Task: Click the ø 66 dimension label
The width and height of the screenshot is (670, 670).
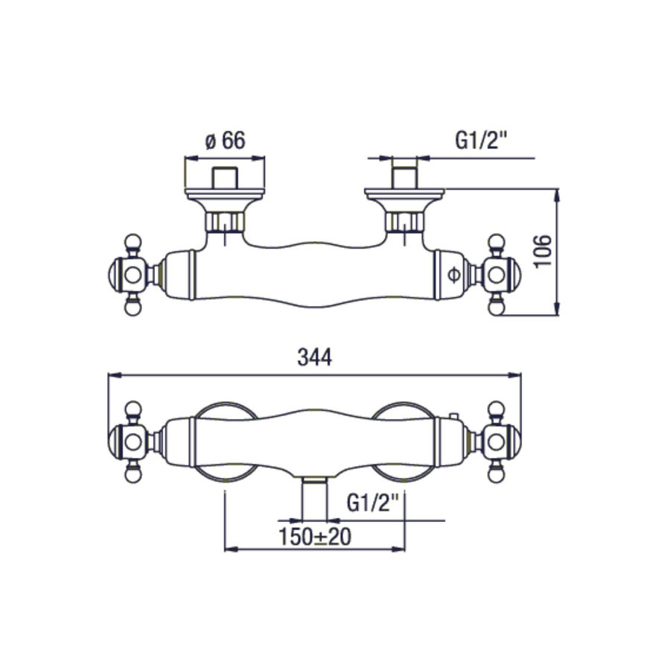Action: pos(224,141)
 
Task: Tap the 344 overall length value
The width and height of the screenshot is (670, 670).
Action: pos(314,357)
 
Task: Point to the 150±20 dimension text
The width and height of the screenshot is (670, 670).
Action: pos(315,535)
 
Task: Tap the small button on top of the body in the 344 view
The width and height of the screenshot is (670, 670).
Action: pos(453,415)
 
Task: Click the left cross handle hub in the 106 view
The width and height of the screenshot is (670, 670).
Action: pos(132,275)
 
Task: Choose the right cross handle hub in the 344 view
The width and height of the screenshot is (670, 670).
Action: pos(496,442)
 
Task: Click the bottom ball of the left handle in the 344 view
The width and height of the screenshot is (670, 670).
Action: pos(132,475)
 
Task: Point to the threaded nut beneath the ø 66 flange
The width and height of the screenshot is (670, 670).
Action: pos(224,221)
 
